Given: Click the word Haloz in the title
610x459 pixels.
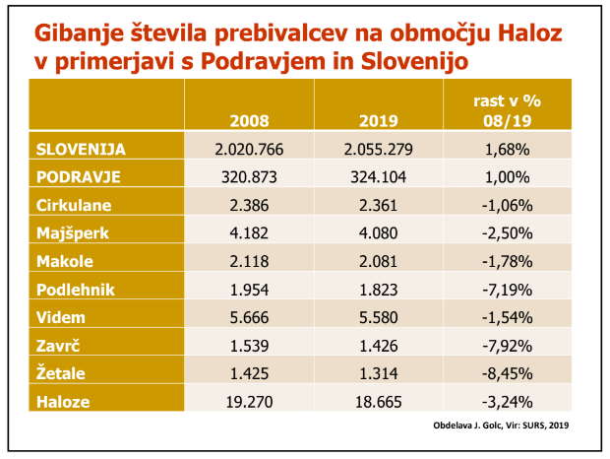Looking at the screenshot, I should [535, 33].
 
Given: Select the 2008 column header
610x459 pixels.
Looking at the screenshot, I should [249, 121].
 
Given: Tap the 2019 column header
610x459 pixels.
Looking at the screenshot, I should [378, 121].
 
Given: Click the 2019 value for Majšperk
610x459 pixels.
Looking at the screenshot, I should [378, 233].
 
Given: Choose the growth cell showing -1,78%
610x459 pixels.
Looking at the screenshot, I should [508, 262].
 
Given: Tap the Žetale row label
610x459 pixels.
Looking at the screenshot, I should [61, 374].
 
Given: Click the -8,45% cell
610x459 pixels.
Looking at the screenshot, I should [508, 374].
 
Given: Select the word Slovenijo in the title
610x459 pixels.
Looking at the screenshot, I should [412, 61].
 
